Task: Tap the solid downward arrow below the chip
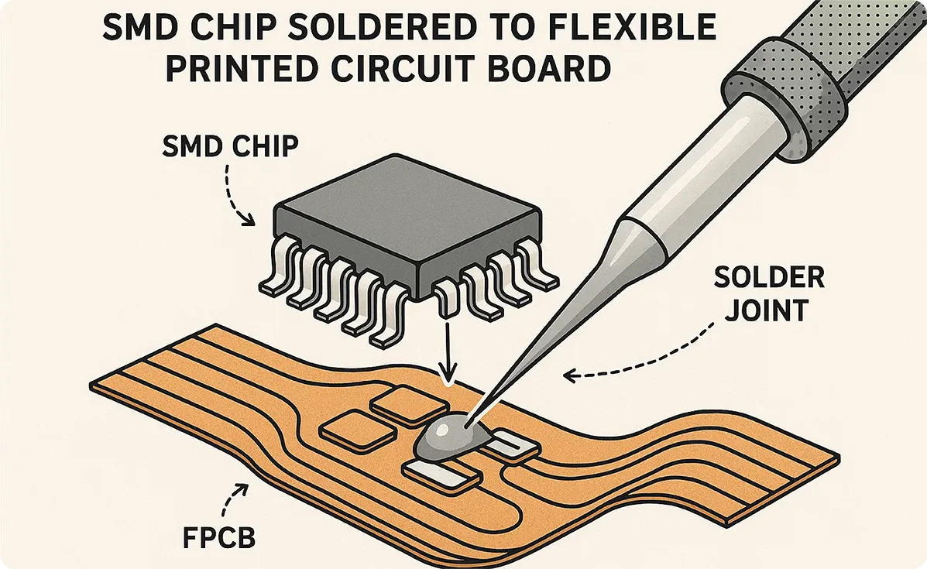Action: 448,348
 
